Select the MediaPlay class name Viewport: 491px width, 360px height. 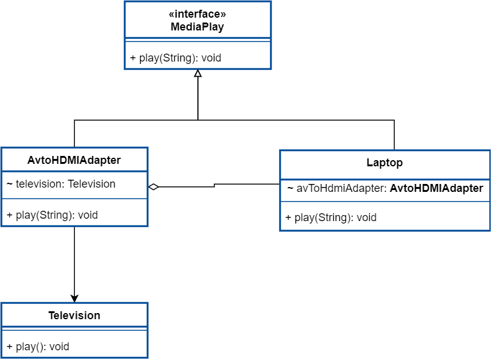point(197,27)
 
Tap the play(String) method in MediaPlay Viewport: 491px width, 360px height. point(175,58)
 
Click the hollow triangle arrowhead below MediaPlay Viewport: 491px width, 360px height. point(197,74)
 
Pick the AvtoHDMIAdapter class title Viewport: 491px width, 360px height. point(74,160)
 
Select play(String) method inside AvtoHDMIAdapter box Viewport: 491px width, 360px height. point(52,215)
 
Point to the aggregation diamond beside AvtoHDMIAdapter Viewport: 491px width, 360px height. point(154,187)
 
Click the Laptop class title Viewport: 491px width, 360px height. point(384,163)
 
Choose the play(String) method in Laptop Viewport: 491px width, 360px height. point(331,217)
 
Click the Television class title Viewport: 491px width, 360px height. point(74,316)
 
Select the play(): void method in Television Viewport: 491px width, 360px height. point(38,347)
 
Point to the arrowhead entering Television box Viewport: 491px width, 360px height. point(74,298)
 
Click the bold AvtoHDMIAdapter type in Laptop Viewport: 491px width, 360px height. point(436,188)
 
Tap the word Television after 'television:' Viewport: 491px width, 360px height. point(91,184)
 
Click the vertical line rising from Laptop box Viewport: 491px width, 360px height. point(394,135)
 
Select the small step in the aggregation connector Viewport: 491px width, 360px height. point(214,185)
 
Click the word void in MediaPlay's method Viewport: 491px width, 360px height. point(210,58)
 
